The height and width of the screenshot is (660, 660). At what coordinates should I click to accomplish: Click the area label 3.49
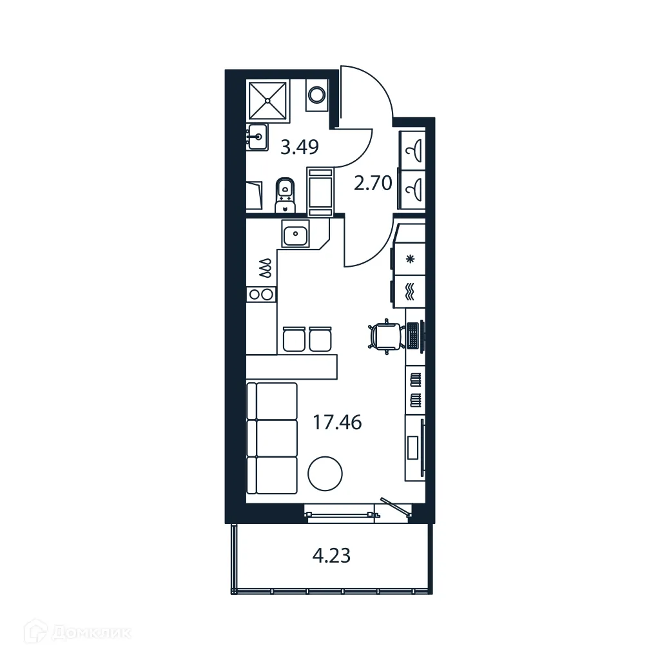(300, 148)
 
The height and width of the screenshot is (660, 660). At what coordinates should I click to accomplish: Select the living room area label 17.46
(337, 423)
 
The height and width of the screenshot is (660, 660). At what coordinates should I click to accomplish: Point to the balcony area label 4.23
(331, 555)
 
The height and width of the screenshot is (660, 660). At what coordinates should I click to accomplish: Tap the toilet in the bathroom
(284, 193)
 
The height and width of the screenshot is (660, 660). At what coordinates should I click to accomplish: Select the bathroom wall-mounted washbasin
(257, 136)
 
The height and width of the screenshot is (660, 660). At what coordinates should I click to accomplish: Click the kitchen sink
(296, 234)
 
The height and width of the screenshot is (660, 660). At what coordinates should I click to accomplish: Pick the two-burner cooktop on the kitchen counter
(261, 295)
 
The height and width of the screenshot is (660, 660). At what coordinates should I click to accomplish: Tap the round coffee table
(325, 474)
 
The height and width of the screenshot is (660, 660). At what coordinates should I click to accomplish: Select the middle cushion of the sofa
(272, 438)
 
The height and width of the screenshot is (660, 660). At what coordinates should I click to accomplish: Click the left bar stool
(293, 339)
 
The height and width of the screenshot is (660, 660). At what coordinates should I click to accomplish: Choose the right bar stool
(320, 339)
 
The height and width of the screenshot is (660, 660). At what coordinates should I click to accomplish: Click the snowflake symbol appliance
(410, 260)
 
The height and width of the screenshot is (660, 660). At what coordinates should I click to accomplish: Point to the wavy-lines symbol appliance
(410, 289)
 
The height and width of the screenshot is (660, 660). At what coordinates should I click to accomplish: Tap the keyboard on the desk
(412, 336)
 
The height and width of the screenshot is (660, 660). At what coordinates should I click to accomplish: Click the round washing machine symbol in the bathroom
(316, 95)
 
